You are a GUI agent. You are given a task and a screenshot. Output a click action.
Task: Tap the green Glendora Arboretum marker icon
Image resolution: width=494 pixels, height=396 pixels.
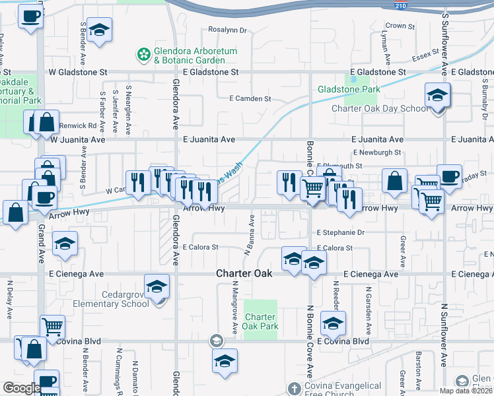[x=142, y=53]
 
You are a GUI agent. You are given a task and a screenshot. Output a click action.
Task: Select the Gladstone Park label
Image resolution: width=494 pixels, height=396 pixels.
[x=349, y=89]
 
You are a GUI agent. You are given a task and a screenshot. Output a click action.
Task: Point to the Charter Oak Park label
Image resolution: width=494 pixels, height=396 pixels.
[x=262, y=321]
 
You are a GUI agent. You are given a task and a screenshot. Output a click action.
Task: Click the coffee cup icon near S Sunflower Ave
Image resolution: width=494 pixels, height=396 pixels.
[x=449, y=177]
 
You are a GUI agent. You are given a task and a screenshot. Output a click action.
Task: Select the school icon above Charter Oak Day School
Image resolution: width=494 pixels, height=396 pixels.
[x=437, y=96]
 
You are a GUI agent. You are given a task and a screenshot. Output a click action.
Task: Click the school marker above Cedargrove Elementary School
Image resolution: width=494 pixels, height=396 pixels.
[x=157, y=286]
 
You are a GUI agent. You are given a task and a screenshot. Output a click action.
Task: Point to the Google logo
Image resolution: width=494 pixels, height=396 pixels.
[x=22, y=388]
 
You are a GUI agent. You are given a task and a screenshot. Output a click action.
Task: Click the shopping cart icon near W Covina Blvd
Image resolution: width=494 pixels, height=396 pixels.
[x=52, y=327]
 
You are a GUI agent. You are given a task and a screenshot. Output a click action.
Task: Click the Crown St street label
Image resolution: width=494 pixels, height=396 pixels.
[x=400, y=26]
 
